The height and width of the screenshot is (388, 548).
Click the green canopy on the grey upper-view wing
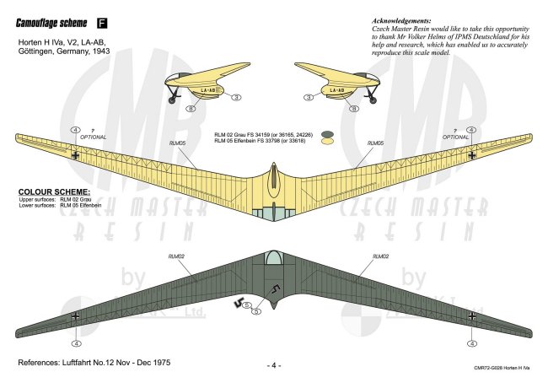click(x=273, y=259)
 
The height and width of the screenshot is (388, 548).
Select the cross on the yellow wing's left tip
click(x=77, y=154)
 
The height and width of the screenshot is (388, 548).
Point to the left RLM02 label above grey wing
click(x=176, y=255)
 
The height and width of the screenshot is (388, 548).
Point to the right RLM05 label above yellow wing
click(x=376, y=143)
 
